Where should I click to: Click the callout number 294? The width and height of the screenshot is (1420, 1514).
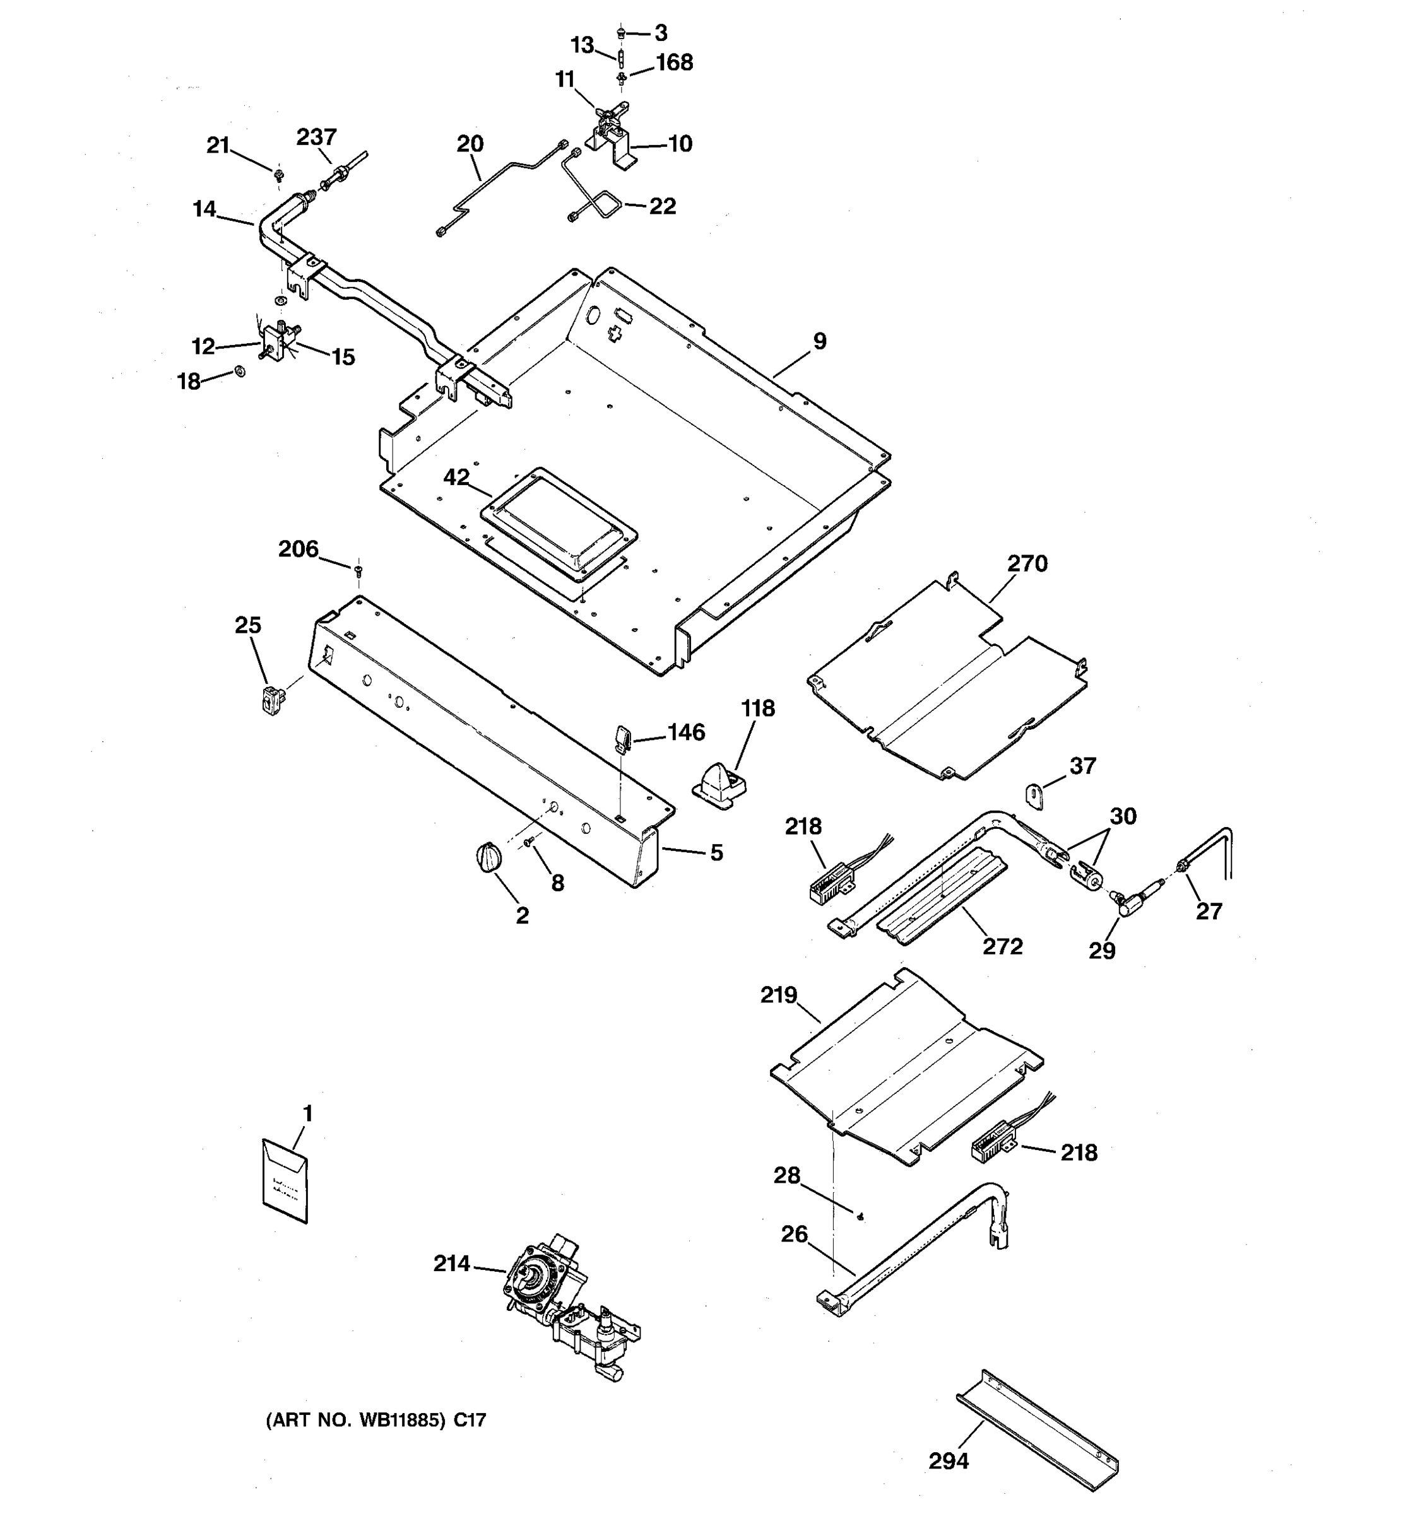click(949, 1460)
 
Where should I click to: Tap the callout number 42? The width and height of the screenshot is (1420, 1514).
click(456, 478)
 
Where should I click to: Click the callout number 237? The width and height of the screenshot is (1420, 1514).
click(316, 137)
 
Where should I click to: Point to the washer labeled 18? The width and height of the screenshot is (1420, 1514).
click(240, 371)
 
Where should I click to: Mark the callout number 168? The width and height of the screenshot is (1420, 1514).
click(674, 62)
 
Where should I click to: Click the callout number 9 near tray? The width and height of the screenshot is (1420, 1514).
click(819, 341)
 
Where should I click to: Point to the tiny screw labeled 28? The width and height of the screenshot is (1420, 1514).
click(861, 1217)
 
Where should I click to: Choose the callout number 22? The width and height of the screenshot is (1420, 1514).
click(662, 206)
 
